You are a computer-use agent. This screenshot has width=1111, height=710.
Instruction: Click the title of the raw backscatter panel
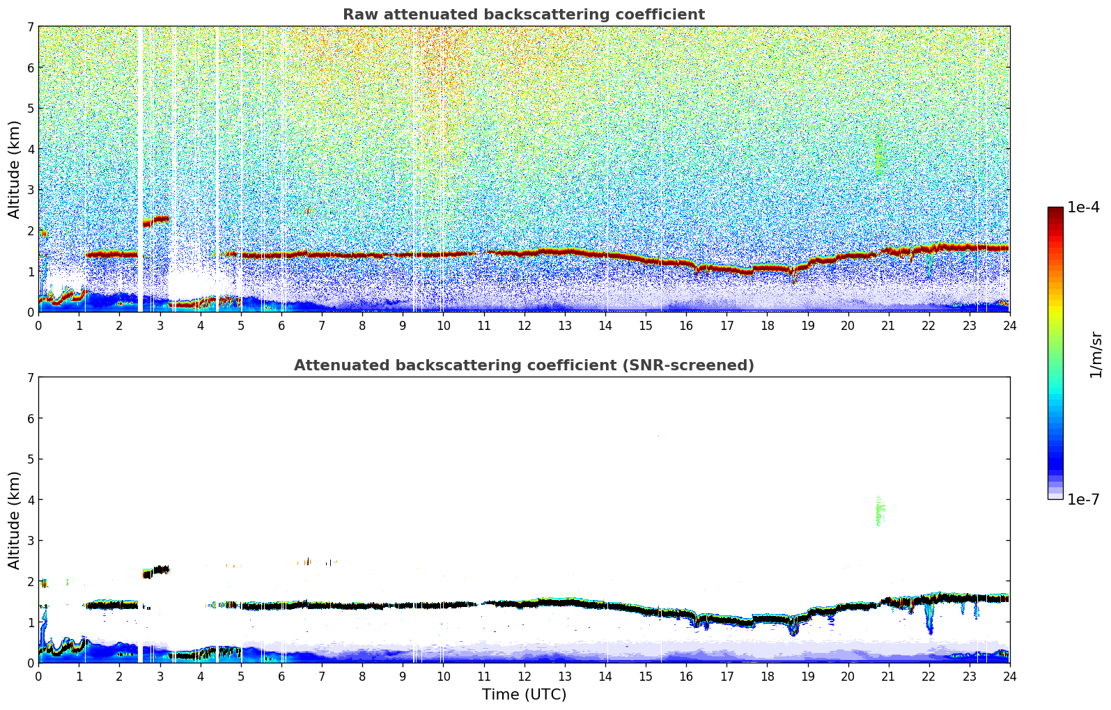click(x=524, y=15)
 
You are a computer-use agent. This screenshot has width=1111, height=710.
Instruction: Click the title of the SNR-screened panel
click(x=524, y=365)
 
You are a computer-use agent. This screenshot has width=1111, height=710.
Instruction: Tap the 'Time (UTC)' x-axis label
click(x=524, y=695)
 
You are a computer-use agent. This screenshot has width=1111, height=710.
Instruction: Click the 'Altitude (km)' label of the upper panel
click(x=15, y=169)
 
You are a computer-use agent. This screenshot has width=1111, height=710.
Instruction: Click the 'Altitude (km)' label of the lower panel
click(x=15, y=520)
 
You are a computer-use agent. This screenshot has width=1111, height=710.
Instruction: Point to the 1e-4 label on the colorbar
click(x=1083, y=207)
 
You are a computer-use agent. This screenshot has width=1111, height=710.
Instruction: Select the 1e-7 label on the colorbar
click(x=1083, y=499)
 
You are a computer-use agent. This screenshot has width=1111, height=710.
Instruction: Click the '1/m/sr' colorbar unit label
click(x=1096, y=354)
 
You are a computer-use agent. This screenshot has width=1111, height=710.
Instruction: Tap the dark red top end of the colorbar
click(x=1055, y=210)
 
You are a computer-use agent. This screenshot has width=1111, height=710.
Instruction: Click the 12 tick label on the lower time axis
click(x=524, y=677)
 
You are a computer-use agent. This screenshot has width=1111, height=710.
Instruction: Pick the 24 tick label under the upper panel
click(x=1009, y=326)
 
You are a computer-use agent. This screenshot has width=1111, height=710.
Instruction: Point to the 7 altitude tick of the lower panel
click(x=30, y=378)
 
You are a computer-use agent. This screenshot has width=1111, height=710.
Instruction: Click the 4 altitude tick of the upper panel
click(x=30, y=149)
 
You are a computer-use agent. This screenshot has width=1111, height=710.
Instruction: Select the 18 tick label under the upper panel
click(x=767, y=326)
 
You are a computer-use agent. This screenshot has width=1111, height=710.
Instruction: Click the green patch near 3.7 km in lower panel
click(x=880, y=512)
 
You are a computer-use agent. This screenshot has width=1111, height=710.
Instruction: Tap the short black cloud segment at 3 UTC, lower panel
click(x=157, y=571)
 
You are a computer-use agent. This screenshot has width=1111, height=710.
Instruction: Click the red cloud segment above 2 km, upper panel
click(x=157, y=221)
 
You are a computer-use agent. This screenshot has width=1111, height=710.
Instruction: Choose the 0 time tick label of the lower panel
click(x=38, y=677)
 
